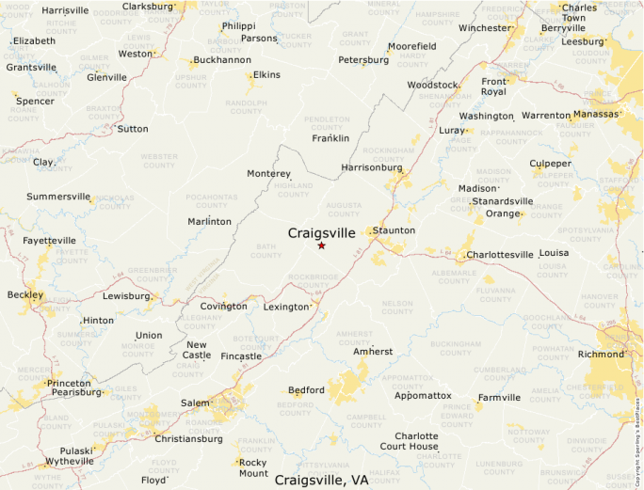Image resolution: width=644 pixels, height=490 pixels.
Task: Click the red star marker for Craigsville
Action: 321,245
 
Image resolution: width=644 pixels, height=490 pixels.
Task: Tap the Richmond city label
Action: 601,355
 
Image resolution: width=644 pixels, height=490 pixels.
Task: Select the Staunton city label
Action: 394,230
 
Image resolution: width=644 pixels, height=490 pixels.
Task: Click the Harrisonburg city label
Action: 370,167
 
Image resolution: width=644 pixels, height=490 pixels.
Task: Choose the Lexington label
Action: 285,307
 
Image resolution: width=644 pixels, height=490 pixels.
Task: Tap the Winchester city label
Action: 485,28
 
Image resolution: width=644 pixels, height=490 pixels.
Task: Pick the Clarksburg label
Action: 149,6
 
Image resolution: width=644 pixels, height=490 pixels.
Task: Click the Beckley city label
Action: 25,294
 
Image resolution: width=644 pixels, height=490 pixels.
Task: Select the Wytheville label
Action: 70,461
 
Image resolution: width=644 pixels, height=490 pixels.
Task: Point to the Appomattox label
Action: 423,396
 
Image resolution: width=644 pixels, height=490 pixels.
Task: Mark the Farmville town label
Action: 499,398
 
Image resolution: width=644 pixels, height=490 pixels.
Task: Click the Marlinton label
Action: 209,222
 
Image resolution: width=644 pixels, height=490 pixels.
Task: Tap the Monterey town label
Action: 268,174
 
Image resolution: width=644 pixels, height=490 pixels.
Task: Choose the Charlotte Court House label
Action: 416,441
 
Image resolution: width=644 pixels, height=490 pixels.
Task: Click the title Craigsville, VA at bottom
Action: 321,480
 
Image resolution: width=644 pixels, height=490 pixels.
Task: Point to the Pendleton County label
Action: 328,123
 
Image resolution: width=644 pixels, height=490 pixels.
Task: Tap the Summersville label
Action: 58,197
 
